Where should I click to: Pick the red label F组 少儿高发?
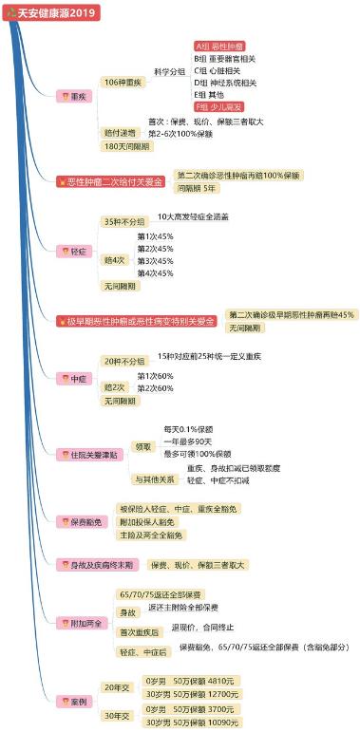click(218, 106)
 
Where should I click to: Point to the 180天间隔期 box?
click(125, 146)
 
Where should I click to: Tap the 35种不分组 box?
click(124, 221)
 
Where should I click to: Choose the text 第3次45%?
click(155, 260)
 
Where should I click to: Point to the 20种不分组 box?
click(124, 361)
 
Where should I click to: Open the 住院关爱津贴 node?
click(90, 455)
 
